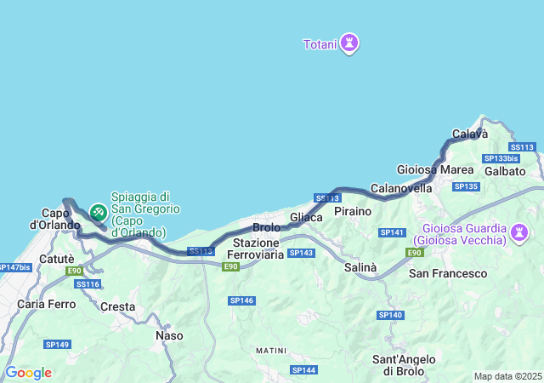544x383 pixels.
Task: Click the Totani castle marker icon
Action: [x=348, y=43]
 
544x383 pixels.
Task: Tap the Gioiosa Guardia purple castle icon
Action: [x=519, y=232]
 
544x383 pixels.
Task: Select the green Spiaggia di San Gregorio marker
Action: [x=99, y=209]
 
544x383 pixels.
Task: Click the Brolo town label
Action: [x=267, y=228]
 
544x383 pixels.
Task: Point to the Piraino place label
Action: [x=353, y=210]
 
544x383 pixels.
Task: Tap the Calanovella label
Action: [x=402, y=188]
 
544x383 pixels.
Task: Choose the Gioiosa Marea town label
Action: [x=429, y=169]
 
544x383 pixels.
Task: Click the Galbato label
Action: [x=507, y=171]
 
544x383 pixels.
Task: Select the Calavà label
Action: [x=470, y=134]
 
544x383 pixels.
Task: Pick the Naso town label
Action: [x=169, y=335]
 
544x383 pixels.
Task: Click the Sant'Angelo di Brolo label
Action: [x=405, y=365]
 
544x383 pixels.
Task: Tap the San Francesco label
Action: [x=448, y=273]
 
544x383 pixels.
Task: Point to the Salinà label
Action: [x=360, y=267]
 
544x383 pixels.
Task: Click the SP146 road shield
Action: [x=242, y=300]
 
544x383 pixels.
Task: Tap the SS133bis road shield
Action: [x=501, y=158]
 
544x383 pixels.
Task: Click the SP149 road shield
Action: [x=58, y=344]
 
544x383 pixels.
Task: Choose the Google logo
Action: [x=28, y=373]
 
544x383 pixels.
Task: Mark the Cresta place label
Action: [x=118, y=306]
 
